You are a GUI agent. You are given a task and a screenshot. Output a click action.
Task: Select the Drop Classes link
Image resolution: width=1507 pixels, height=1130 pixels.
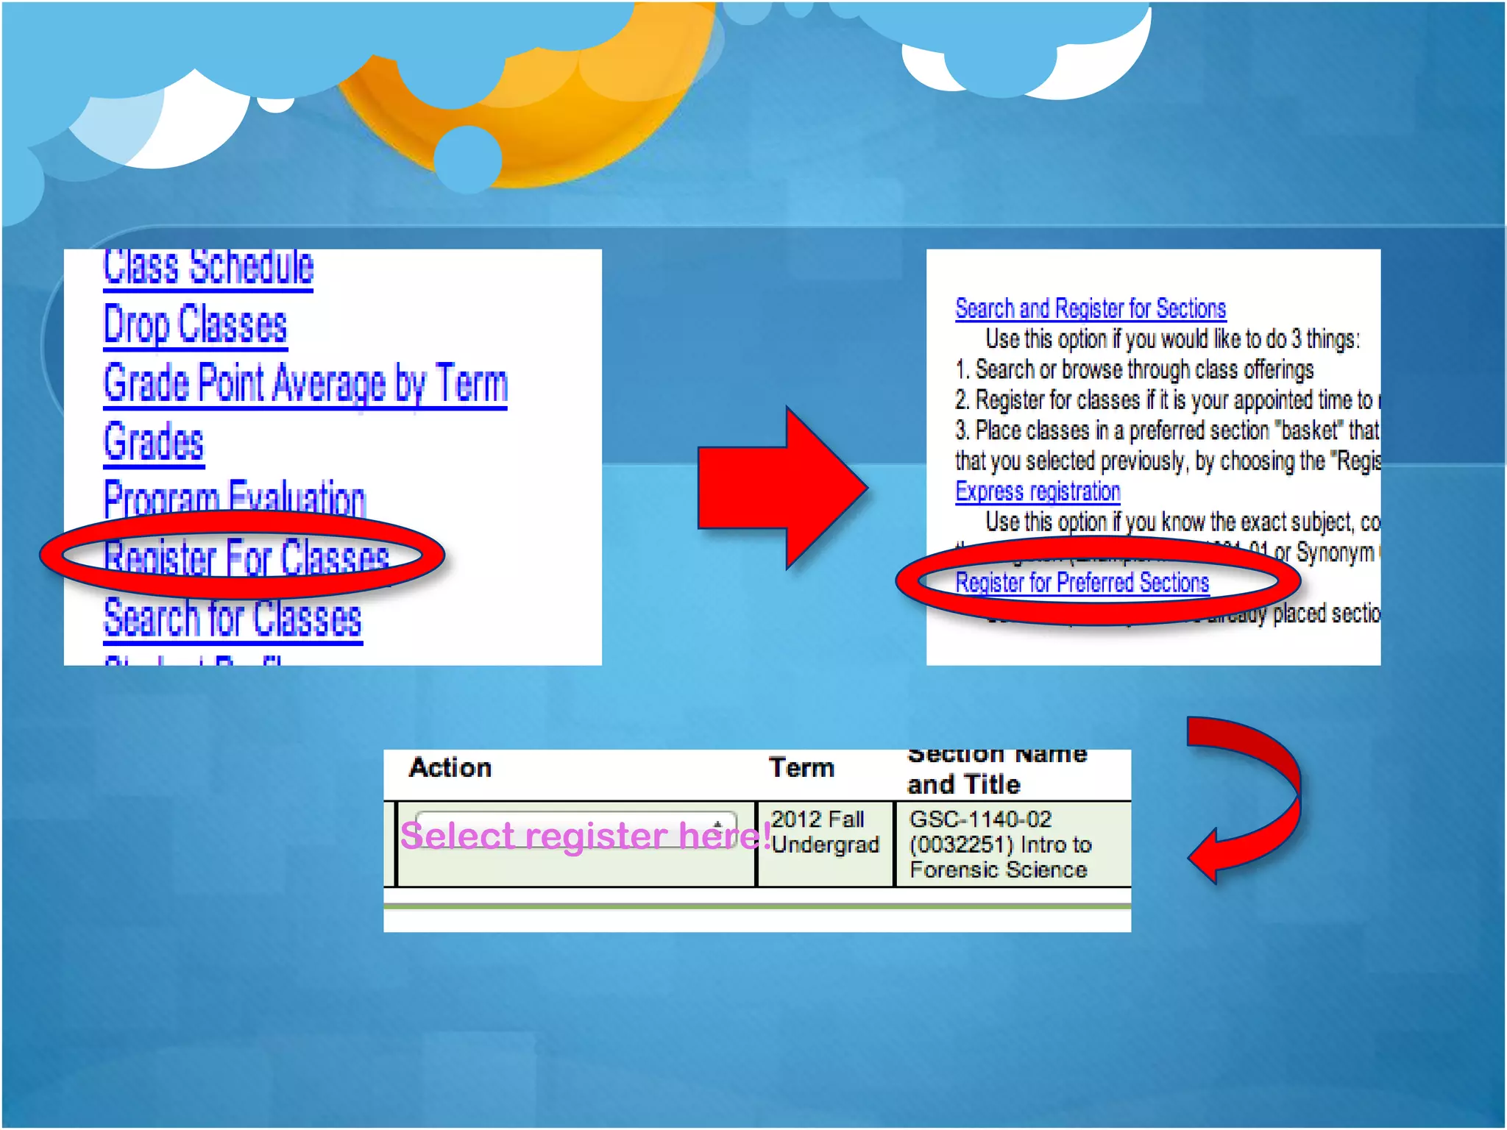tap(195, 324)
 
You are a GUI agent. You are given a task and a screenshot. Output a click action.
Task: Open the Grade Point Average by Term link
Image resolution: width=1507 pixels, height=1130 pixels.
tap(305, 383)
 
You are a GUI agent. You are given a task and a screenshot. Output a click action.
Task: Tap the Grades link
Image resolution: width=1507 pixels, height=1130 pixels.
tap(154, 442)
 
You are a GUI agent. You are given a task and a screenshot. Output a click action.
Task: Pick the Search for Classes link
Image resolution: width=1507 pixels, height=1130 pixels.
tap(233, 618)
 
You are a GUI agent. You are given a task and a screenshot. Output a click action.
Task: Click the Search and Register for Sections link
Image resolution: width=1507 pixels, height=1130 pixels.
tap(1091, 308)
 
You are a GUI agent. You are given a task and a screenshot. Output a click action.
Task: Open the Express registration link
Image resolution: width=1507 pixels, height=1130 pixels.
tap(1038, 491)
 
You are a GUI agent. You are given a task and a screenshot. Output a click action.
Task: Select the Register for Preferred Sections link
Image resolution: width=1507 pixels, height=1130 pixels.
tap(1082, 583)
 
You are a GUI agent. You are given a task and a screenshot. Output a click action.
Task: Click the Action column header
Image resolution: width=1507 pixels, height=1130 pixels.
tap(450, 768)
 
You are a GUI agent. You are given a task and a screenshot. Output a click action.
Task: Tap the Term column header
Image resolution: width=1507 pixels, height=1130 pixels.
tap(801, 768)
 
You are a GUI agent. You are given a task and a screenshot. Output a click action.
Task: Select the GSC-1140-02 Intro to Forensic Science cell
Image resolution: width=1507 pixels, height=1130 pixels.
tap(1001, 845)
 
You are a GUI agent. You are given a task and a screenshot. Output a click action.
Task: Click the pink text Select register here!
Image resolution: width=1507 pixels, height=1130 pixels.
tap(585, 836)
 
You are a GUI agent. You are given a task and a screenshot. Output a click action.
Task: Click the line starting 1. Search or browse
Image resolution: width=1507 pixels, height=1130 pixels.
tap(1134, 369)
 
